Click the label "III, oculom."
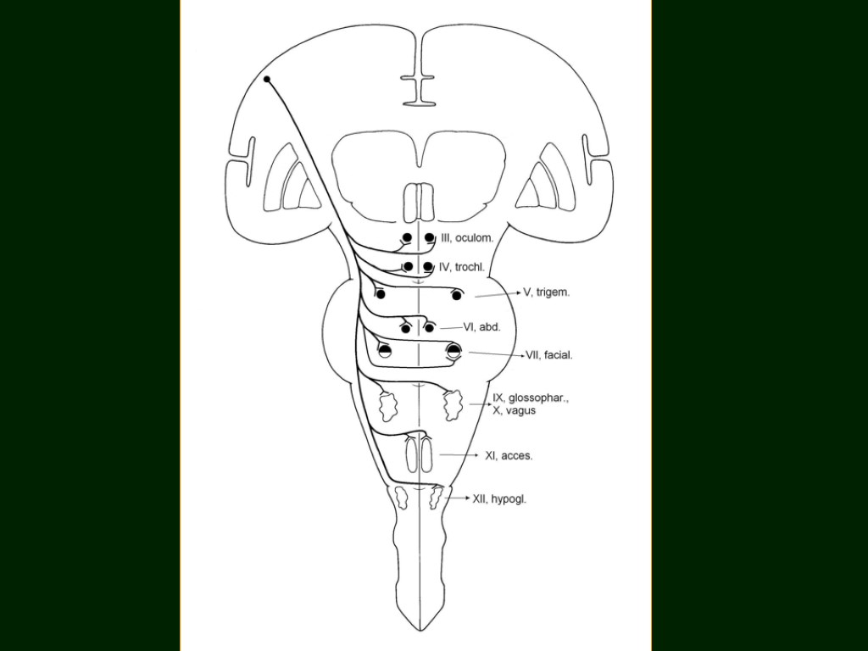(x=465, y=238)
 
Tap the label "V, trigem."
(x=547, y=292)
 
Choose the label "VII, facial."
(x=549, y=355)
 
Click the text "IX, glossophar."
(x=531, y=398)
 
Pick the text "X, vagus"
(x=515, y=410)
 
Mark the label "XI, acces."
(x=509, y=455)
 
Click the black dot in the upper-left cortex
(x=267, y=80)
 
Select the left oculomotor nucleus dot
(x=407, y=238)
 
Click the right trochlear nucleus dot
(x=429, y=267)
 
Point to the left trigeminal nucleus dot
(x=381, y=294)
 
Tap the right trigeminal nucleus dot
(x=458, y=295)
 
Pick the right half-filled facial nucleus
(x=454, y=350)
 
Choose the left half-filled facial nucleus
(x=385, y=351)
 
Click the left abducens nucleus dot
(x=407, y=328)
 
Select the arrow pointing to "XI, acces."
(x=459, y=455)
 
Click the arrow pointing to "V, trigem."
(x=497, y=294)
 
